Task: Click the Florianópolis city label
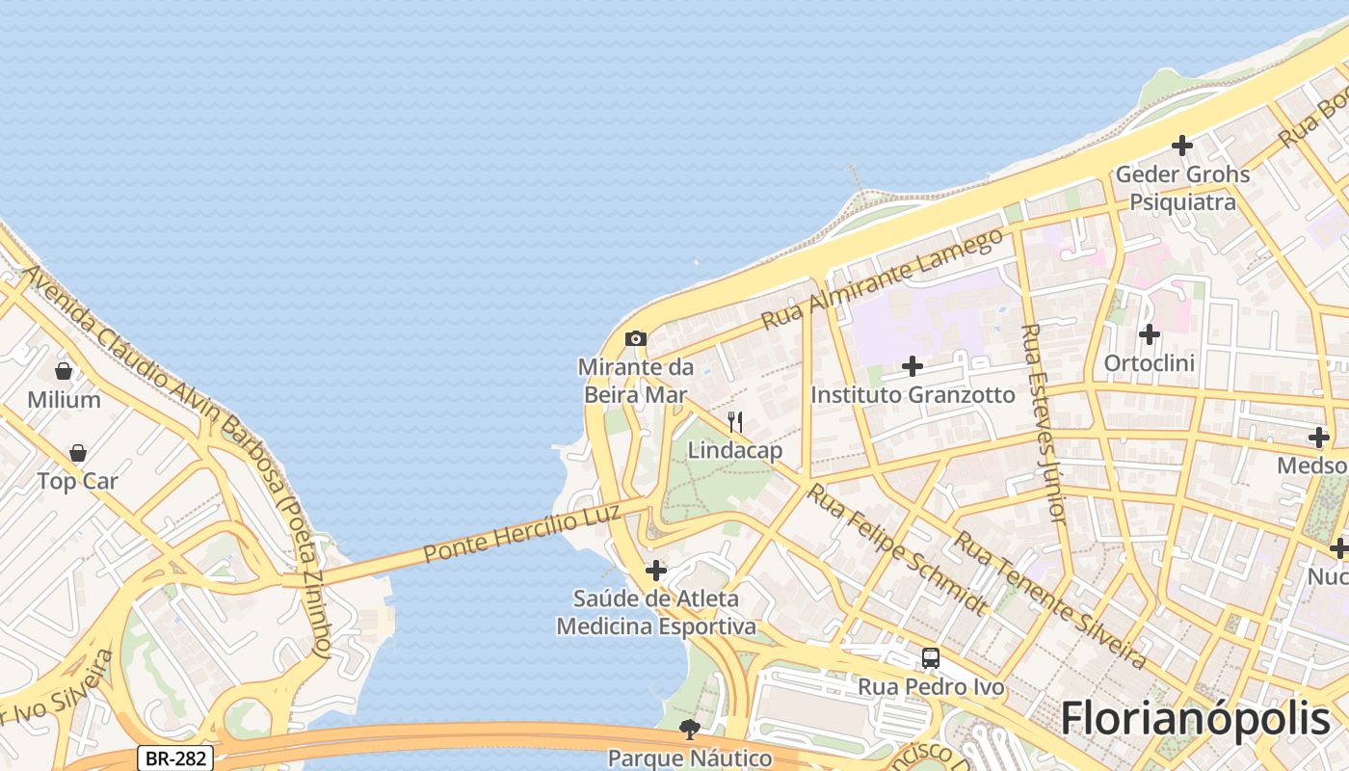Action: tap(1195, 719)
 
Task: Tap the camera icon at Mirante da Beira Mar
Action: tap(635, 338)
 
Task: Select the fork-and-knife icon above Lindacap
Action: tap(734, 422)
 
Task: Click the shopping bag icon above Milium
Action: tap(64, 371)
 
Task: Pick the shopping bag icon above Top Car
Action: tap(78, 453)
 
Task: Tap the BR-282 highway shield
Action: tap(174, 758)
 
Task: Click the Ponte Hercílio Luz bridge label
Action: tap(509, 536)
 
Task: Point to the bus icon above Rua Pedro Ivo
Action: tap(930, 658)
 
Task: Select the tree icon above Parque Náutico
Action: tap(689, 730)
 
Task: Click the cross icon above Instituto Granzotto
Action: tap(912, 366)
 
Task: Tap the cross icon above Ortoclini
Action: tap(1149, 334)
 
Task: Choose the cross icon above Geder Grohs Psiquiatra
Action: tap(1181, 146)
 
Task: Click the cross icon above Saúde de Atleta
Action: tap(655, 571)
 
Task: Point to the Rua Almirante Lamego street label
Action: tap(882, 279)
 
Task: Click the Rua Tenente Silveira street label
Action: tap(1049, 599)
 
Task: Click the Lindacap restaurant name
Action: tap(734, 450)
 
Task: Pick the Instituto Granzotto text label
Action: tap(913, 395)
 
